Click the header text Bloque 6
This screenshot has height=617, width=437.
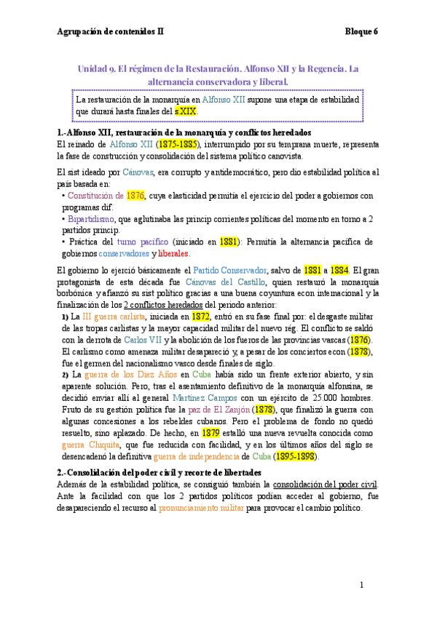(x=362, y=31)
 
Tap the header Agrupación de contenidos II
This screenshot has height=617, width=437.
(x=111, y=31)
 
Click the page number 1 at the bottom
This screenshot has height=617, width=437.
(x=361, y=585)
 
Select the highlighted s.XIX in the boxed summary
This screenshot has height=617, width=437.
(x=186, y=112)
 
